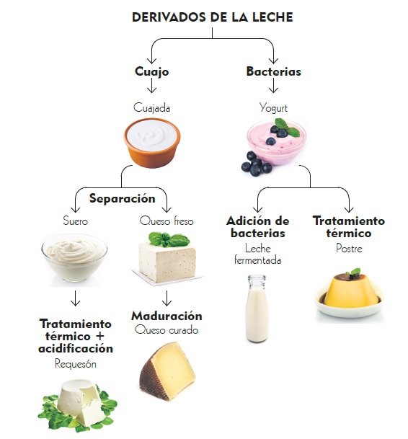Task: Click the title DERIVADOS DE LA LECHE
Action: coord(212,17)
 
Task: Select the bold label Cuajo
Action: coord(152,71)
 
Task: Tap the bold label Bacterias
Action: coord(274,71)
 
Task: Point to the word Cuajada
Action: coord(152,108)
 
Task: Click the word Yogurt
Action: coord(273,108)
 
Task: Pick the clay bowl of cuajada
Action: coord(152,143)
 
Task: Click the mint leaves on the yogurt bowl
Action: coord(287,128)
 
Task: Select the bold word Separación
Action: coord(122,198)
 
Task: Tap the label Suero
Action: coord(75,221)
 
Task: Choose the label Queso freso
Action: coord(167,221)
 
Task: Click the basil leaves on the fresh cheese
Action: coord(169,239)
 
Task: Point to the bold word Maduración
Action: coord(167,316)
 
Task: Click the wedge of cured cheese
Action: coord(167,371)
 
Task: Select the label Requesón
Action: coord(76,364)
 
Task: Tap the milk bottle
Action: coord(257,309)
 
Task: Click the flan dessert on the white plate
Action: coord(349,294)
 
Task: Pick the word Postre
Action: coord(349,249)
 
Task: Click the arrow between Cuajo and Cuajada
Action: coord(152,85)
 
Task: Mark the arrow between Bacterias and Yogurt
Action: coord(274,85)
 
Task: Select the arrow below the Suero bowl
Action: coord(75,298)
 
